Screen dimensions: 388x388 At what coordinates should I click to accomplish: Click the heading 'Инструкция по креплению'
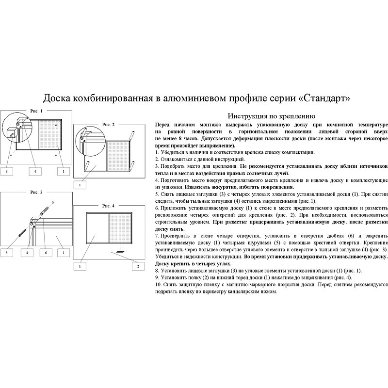click(272, 116)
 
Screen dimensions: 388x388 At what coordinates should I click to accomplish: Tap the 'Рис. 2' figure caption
click(108, 125)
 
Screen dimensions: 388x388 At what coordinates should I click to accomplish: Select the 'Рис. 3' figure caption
click(36, 192)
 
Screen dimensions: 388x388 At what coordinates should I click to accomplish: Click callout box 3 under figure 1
click(7, 171)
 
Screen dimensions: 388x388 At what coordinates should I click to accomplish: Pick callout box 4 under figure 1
click(35, 171)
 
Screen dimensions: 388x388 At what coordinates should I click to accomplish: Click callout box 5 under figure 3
click(7, 253)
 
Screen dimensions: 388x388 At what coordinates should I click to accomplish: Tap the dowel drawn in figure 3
click(45, 211)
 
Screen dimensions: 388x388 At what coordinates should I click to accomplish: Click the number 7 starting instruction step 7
click(157, 235)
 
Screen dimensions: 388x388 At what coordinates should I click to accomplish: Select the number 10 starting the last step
click(158, 285)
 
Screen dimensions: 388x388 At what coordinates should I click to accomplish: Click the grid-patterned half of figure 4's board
click(120, 227)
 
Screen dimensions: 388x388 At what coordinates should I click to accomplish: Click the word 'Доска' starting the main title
click(57, 98)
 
